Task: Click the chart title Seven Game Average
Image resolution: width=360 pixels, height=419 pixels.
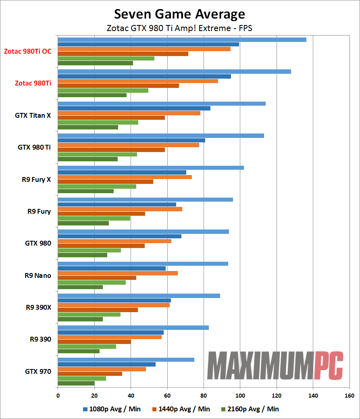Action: (x=179, y=14)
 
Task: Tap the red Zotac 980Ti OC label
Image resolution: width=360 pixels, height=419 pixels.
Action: (x=27, y=52)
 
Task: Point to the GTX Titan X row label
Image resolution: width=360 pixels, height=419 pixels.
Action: (x=33, y=115)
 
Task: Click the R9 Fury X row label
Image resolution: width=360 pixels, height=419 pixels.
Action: (x=36, y=179)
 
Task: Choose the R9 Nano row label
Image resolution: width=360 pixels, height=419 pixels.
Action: (x=37, y=275)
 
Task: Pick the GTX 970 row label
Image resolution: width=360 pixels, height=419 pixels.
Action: (x=38, y=371)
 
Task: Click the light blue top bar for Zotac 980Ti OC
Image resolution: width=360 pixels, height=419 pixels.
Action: (x=182, y=40)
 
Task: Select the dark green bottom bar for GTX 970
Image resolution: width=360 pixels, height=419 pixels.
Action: (x=76, y=384)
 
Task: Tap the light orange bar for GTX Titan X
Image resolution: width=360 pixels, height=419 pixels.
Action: (x=129, y=113)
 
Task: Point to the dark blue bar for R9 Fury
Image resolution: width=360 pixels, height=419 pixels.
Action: (x=117, y=204)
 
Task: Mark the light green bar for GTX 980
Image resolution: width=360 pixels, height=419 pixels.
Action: (x=89, y=250)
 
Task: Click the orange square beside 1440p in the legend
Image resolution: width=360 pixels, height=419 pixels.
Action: (x=154, y=409)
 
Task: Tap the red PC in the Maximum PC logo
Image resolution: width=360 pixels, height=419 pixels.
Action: (x=329, y=365)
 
